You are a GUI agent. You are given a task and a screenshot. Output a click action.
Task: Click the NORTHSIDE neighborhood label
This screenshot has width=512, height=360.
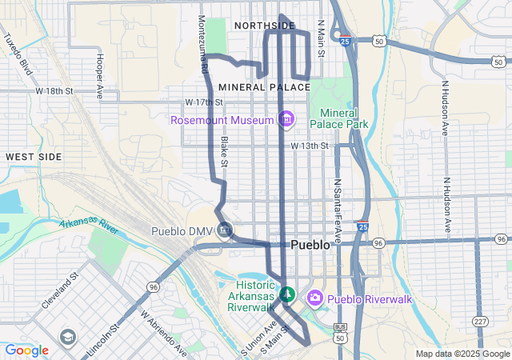coord(264,26)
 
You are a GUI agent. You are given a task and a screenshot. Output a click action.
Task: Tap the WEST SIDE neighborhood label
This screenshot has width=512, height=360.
coord(34,157)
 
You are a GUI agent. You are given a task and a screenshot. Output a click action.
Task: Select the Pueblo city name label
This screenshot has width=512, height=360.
coord(310,245)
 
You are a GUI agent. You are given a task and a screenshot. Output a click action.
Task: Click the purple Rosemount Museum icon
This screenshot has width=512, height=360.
coord(286,120)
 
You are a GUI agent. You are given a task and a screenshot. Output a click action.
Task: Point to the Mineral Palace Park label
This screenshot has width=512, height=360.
coord(344,118)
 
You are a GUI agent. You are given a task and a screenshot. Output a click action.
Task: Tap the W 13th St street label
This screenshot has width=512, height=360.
coord(310,146)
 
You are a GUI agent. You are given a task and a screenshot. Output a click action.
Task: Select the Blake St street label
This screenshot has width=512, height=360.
coord(225,152)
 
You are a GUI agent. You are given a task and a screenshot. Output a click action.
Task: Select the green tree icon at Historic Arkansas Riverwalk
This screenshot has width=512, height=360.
coord(286,295)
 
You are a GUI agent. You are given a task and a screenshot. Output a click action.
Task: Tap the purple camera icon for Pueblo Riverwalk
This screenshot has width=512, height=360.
coord(314,298)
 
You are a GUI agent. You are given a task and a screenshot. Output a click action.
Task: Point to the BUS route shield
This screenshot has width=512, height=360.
coord(341,327)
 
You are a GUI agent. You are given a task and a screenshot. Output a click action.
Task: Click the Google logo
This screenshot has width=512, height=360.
coord(26,350)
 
